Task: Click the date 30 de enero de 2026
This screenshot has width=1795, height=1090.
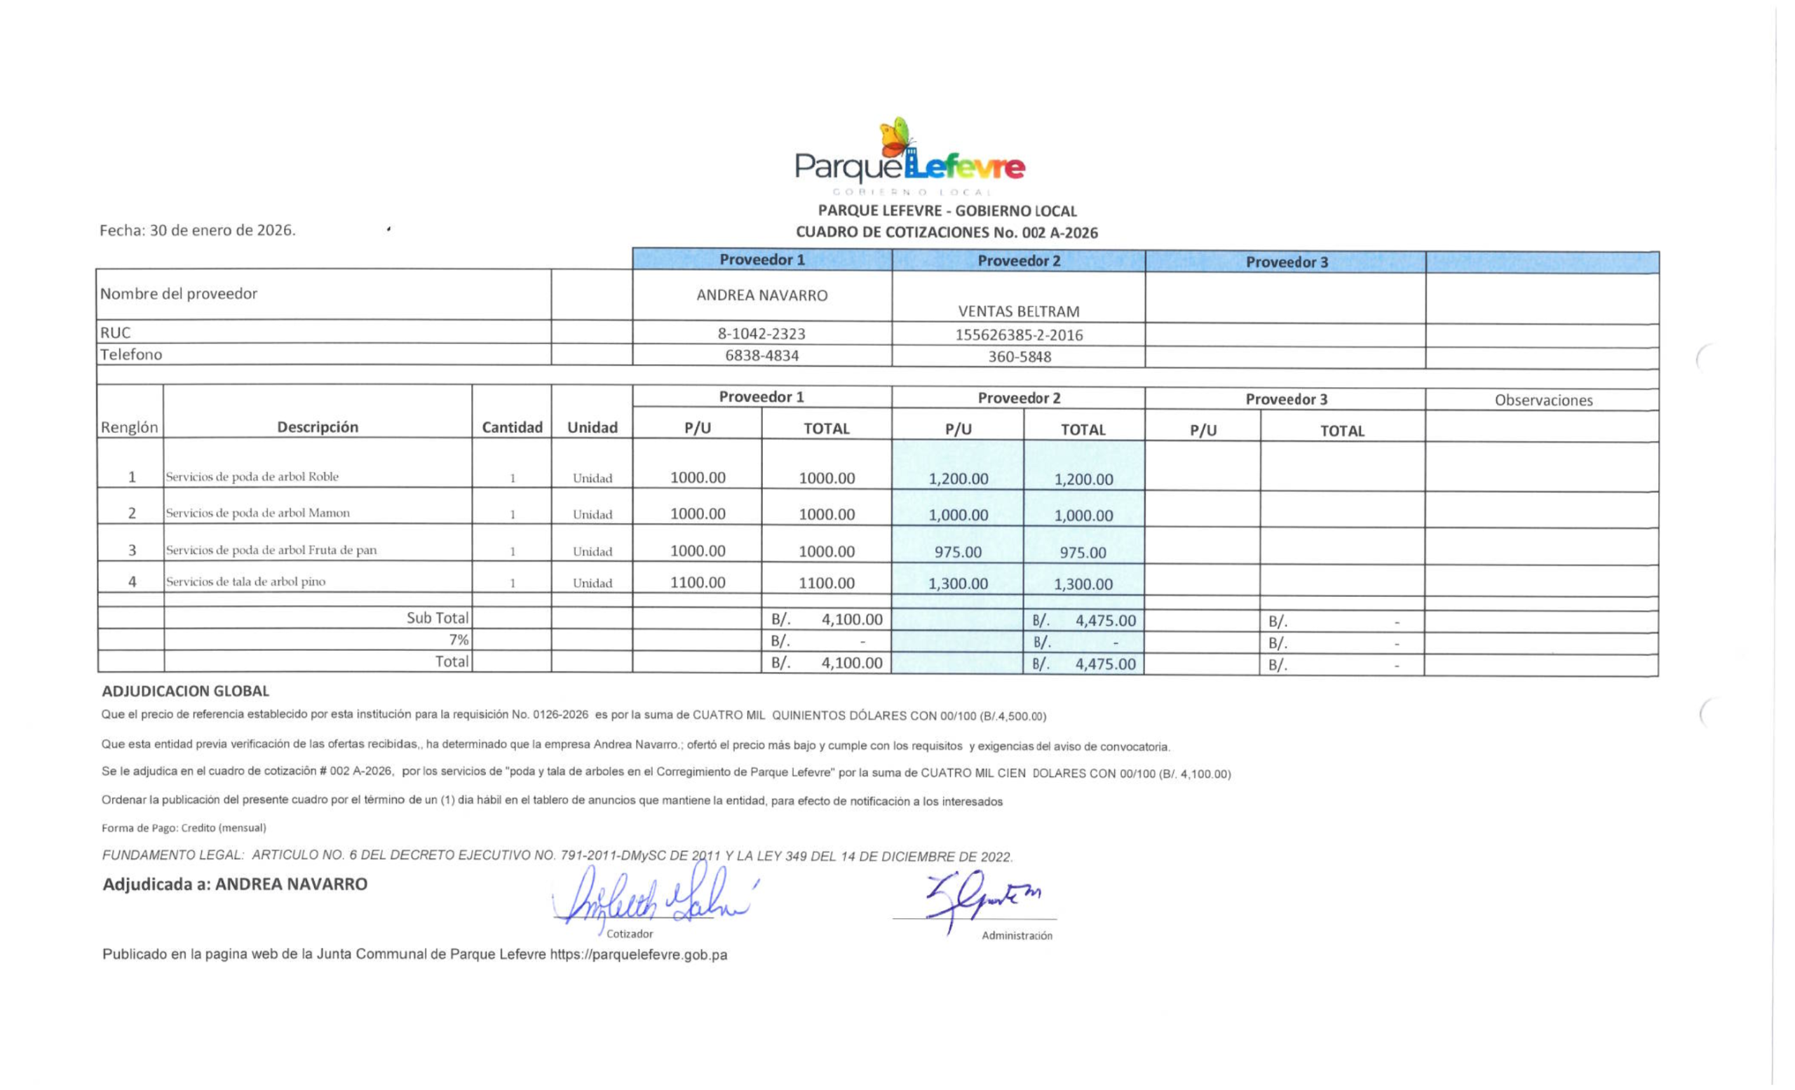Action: coord(222,230)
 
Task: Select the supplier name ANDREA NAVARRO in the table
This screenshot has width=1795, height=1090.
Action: coord(761,295)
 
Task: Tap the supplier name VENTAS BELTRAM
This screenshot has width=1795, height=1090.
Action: coord(1018,311)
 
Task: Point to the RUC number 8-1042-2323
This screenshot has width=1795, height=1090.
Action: coord(761,334)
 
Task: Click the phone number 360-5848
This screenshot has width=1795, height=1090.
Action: coord(1020,357)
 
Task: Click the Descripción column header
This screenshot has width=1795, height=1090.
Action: coord(318,427)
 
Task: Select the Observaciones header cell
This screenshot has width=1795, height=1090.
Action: coord(1543,400)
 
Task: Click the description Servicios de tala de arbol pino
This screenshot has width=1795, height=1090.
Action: coord(245,581)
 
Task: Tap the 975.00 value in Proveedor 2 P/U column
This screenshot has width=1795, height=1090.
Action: coord(958,552)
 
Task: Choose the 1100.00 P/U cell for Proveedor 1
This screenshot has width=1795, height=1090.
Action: coord(697,582)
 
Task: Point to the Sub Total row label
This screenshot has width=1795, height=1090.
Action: coord(437,618)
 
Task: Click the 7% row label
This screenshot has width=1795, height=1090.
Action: coord(459,640)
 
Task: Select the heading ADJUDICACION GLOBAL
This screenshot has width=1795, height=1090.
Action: coord(185,691)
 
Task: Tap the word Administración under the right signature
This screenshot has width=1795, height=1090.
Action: coord(1016,936)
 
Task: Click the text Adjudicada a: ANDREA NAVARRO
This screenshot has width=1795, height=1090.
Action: coord(235,884)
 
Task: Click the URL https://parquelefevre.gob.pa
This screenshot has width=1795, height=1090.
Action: coord(638,955)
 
